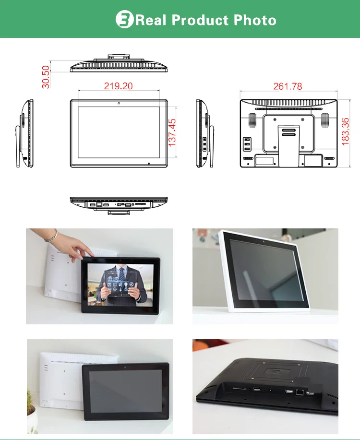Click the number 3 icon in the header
click(124, 20)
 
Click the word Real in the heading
click(152, 20)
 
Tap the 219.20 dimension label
click(118, 86)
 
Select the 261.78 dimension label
click(288, 86)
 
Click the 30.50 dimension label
click(46, 77)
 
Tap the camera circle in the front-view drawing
click(119, 103)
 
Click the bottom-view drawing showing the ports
click(119, 203)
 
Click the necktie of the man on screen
click(121, 276)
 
